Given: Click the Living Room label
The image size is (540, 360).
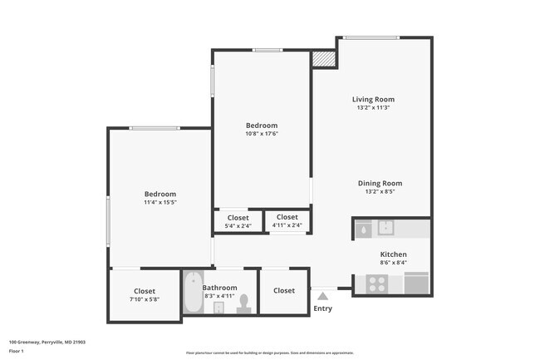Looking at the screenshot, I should click(x=372, y=99).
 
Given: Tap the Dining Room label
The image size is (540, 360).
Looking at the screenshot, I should click(x=380, y=183).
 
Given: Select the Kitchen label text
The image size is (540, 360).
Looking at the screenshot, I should click(x=393, y=254).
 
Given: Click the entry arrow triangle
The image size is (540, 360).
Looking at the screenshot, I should click(x=322, y=294).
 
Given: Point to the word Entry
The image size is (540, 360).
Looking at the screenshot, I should click(x=322, y=309).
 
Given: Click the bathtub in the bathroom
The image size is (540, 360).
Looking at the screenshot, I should click(x=192, y=293).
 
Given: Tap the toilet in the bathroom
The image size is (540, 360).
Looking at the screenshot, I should click(x=244, y=305).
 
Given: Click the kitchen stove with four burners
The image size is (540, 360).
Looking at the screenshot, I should click(x=376, y=284).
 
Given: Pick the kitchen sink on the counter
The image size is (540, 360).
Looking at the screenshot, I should click(x=385, y=227).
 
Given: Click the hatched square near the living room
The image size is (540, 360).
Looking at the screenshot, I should click(x=322, y=59).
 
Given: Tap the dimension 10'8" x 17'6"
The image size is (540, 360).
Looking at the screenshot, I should click(x=261, y=134).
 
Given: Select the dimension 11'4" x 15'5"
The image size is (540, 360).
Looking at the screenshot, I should click(x=160, y=202).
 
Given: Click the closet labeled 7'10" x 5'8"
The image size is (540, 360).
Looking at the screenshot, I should click(x=145, y=295).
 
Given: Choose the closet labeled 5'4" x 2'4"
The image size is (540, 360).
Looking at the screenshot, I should click(x=238, y=221).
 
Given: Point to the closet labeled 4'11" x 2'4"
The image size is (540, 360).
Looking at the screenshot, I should click(x=287, y=221).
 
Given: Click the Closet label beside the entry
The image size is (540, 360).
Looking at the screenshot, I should click(x=284, y=290).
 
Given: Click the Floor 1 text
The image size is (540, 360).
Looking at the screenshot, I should click(x=17, y=351).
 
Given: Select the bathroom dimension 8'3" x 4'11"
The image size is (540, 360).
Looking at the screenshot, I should click(x=220, y=296).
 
